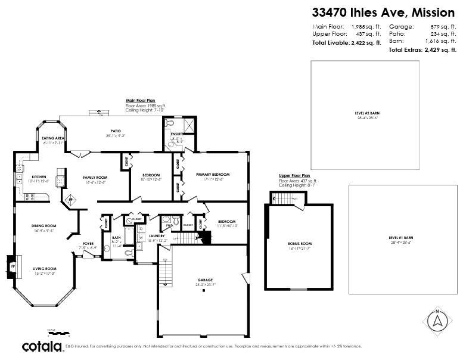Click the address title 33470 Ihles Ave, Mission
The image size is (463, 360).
click(x=384, y=11)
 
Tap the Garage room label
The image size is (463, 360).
click(x=206, y=280)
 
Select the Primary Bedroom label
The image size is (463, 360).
click(x=213, y=175)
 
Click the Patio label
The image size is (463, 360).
click(x=115, y=131)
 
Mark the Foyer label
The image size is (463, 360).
click(x=88, y=243)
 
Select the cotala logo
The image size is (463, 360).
click(x=42, y=346)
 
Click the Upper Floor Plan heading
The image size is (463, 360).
click(x=294, y=176)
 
